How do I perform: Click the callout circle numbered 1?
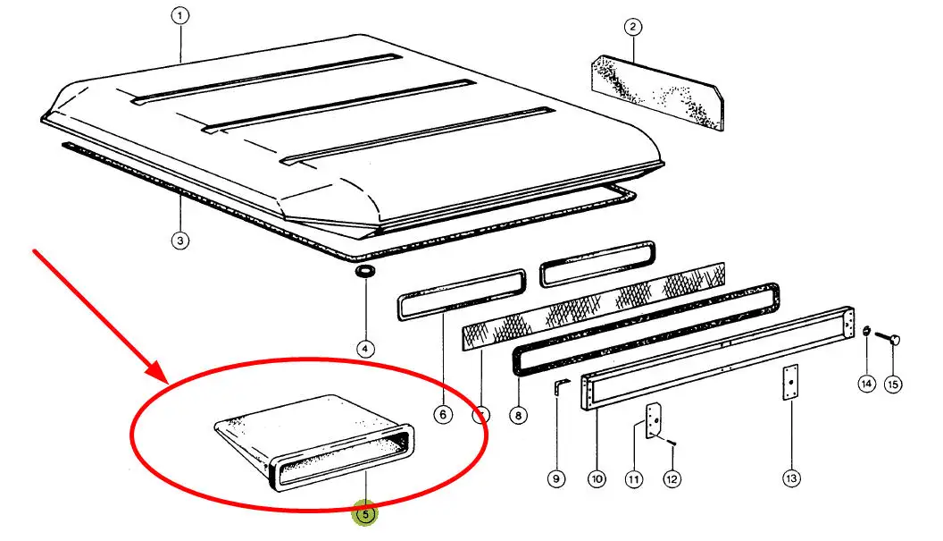179,16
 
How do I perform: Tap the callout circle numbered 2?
632,27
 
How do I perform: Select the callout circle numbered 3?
180,241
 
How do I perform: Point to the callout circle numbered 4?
365,349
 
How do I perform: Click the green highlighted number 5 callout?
365,514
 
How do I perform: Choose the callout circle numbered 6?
443,415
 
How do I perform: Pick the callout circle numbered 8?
518,415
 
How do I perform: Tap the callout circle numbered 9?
556,479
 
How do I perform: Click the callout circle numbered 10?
597,479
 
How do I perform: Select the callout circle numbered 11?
633,479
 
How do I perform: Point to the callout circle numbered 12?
672,479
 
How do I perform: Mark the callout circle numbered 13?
791,478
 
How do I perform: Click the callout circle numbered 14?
866,384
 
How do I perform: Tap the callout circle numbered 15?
893,385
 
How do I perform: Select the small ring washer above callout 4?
365,270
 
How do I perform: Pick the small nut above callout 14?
866,331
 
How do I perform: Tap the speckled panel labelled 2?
658,92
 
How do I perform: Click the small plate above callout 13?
790,382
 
